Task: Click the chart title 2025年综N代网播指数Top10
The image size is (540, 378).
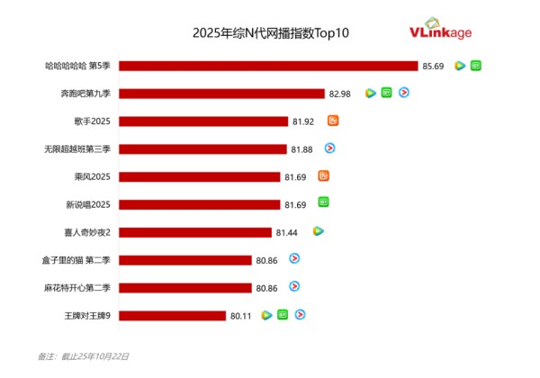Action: (270, 33)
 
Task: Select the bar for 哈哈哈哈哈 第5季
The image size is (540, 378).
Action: (268, 66)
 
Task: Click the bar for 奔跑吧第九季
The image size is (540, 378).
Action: (221, 93)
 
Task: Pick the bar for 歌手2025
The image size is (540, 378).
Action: (202, 121)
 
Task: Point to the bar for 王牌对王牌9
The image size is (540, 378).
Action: (171, 315)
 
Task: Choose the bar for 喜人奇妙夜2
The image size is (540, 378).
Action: (194, 232)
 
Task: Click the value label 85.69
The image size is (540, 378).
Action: (433, 66)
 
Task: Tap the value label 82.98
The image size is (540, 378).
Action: (340, 93)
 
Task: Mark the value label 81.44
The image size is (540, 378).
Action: (287, 232)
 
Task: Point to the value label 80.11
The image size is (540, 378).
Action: (241, 315)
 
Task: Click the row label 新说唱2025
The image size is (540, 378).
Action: (87, 204)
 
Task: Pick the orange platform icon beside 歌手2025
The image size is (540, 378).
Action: (333, 121)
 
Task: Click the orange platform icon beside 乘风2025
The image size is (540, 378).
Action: (324, 175)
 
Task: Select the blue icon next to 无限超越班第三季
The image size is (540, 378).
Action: (330, 148)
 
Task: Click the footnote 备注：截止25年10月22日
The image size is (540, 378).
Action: (84, 357)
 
